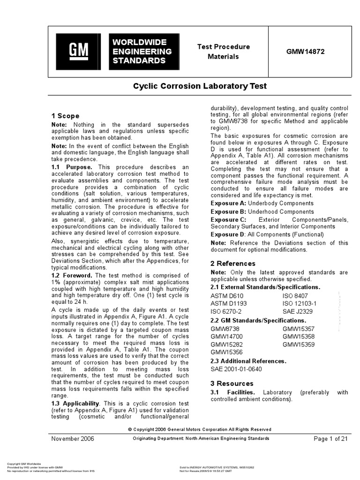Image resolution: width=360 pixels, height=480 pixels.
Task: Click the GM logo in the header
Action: pyautogui.click(x=79, y=52)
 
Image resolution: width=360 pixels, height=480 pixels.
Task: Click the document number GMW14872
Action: pyautogui.click(x=305, y=52)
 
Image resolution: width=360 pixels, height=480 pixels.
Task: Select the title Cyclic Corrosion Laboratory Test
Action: pyautogui.click(x=200, y=86)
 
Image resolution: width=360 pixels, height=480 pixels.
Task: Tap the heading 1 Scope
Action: pyautogui.click(x=65, y=116)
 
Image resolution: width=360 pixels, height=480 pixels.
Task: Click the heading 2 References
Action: pyautogui.click(x=233, y=263)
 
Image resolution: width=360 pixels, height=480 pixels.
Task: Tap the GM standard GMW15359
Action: pyautogui.click(x=299, y=345)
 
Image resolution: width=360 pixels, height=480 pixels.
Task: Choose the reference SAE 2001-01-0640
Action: pyautogui.click(x=236, y=369)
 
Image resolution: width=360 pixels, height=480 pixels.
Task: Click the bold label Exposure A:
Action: pyautogui.click(x=228, y=203)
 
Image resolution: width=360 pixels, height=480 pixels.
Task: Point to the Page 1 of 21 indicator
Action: pyautogui.click(x=330, y=439)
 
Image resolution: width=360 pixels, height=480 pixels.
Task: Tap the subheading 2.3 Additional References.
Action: pyautogui.click(x=248, y=361)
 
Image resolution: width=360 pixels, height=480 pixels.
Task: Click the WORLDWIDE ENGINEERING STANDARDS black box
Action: pyautogui.click(x=142, y=52)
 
